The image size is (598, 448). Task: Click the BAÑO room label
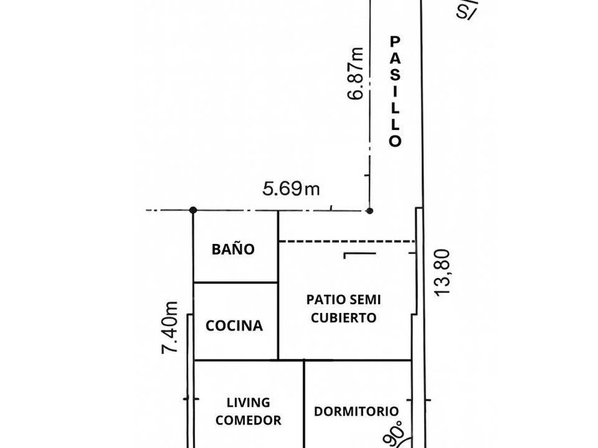pos(233,250)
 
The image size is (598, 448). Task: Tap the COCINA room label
pos(234,326)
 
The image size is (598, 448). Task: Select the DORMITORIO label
pos(356,411)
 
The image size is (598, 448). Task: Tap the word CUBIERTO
pos(344,318)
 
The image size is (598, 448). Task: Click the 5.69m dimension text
pos(291,188)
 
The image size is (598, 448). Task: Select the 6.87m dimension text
pos(356,73)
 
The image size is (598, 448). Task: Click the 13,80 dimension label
pos(443,272)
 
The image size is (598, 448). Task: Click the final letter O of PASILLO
pos(396,141)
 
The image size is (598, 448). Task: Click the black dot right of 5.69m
pos(369,210)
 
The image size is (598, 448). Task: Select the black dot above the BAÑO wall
pos(193,210)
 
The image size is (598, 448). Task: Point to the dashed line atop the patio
pos(347,242)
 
